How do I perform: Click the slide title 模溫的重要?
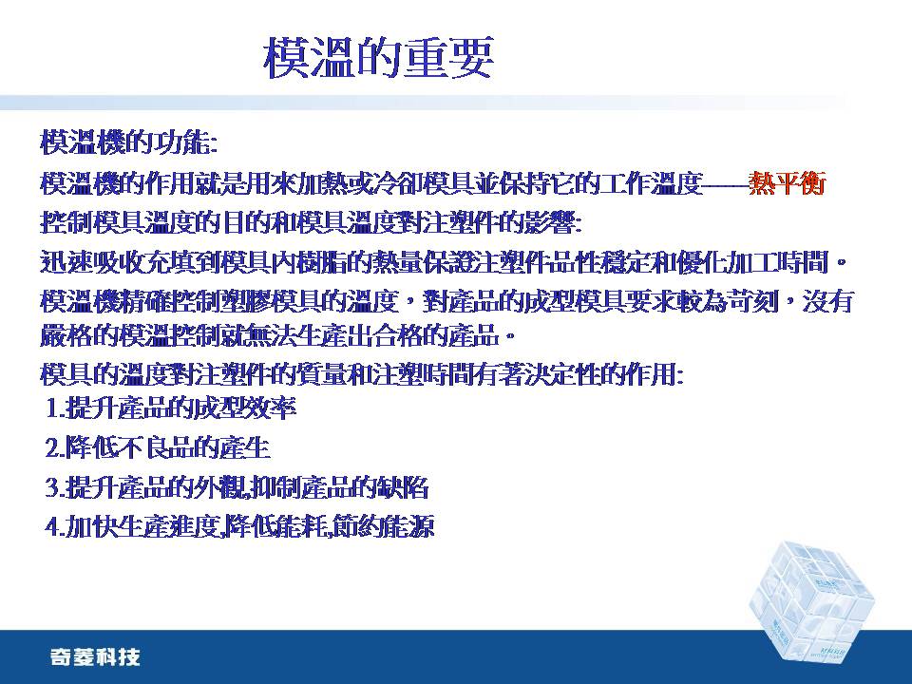[x=379, y=58]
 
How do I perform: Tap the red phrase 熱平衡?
[x=787, y=183]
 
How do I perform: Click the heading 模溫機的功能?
[x=129, y=142]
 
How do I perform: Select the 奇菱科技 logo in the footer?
[x=95, y=657]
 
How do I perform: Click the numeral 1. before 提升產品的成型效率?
[x=55, y=408]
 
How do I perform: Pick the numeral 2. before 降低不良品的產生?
[x=55, y=447]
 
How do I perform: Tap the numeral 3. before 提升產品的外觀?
[x=55, y=487]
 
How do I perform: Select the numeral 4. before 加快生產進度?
[x=55, y=527]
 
